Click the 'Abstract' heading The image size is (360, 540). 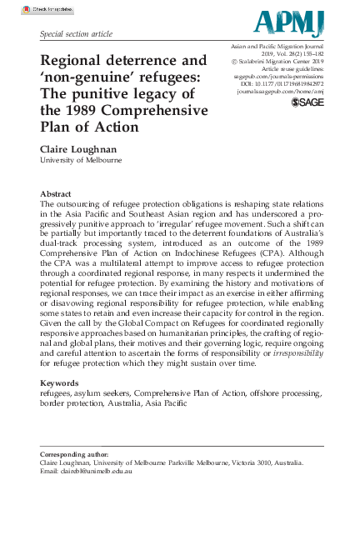(x=56, y=192)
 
